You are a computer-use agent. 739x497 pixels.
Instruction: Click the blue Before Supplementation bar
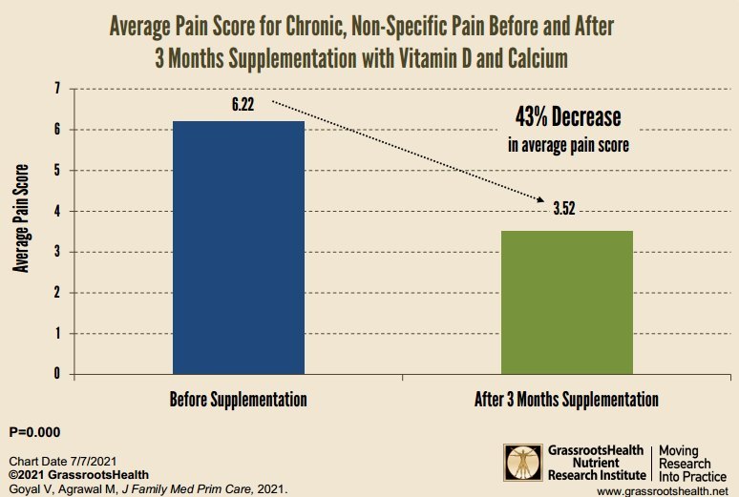pos(239,248)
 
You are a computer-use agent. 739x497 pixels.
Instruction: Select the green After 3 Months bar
pos(567,302)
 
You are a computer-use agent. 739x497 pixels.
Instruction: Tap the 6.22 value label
pos(243,105)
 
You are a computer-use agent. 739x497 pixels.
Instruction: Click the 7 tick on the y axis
pos(56,89)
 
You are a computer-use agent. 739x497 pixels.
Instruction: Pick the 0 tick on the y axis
pos(56,374)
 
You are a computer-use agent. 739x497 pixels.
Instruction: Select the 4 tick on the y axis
pos(56,211)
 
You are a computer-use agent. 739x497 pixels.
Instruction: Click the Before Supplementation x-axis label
pos(239,399)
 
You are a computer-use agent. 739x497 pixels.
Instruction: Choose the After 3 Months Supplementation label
pos(566,399)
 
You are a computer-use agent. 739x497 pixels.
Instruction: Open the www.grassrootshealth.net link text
pos(663,489)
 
